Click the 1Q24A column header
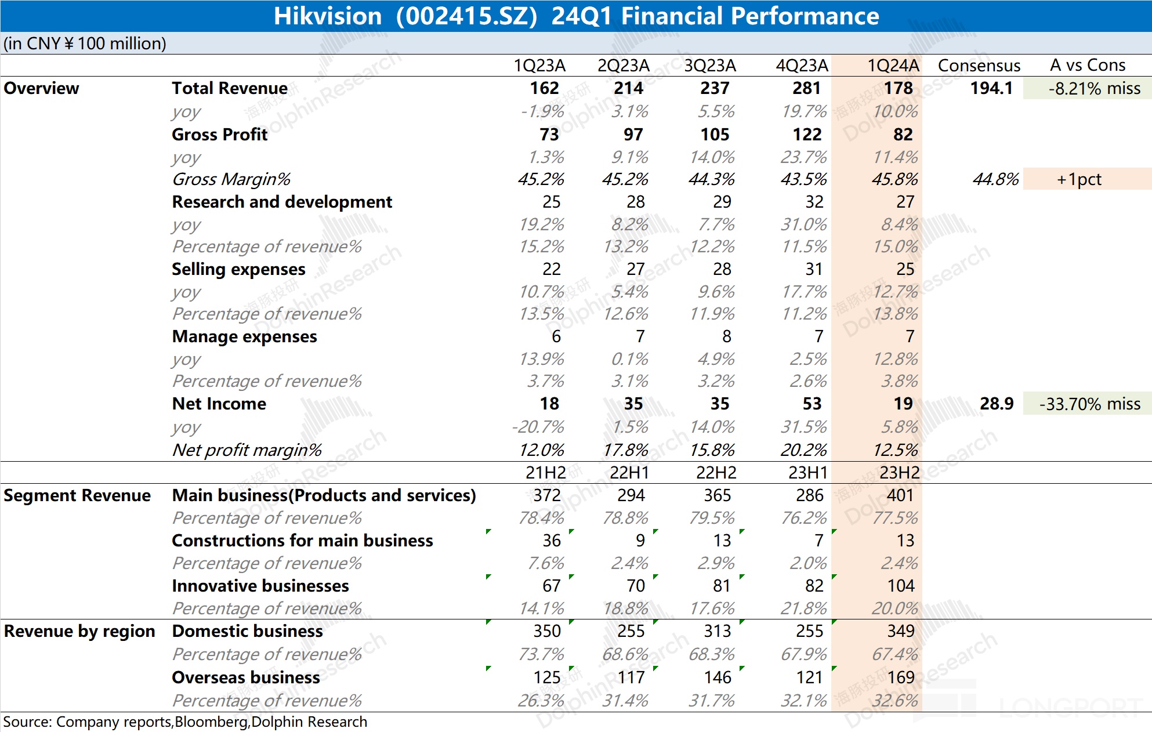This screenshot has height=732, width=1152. point(893,66)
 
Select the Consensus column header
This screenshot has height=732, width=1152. point(979,66)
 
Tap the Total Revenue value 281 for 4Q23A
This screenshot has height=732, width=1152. point(806,88)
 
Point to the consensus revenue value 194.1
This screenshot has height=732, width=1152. point(991,88)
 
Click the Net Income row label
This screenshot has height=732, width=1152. point(219,404)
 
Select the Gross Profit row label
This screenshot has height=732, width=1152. point(220,135)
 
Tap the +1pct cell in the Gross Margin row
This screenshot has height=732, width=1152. point(1079,179)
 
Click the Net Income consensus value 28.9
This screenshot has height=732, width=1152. point(997,404)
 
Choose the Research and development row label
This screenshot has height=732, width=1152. point(282,202)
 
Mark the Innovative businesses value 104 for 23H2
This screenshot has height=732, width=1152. point(900,586)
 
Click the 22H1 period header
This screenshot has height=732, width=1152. point(629,473)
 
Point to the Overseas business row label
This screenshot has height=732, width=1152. point(246,677)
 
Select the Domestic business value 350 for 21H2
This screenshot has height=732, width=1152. point(546,631)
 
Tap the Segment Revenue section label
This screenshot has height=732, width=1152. point(77,495)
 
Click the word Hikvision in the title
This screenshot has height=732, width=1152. point(328,16)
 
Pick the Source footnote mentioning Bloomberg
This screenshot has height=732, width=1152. point(185,722)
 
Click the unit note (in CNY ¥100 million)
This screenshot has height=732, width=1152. point(85,44)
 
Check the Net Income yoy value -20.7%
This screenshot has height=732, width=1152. point(538,427)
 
